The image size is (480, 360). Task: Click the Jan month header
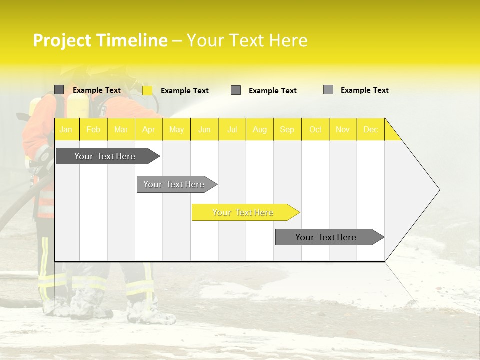pos(66,129)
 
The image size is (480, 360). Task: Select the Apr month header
pos(149,129)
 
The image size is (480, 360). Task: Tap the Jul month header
pos(232,129)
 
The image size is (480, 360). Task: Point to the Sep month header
pos(287,129)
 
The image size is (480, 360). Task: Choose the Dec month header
pos(370,129)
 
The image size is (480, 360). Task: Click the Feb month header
pos(93,129)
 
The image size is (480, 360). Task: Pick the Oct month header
pos(315,129)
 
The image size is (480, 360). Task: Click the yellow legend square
pos(147,90)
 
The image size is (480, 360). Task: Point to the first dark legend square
pos(59,90)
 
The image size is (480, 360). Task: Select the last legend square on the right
pos(328,90)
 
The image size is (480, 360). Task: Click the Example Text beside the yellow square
pos(185,91)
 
